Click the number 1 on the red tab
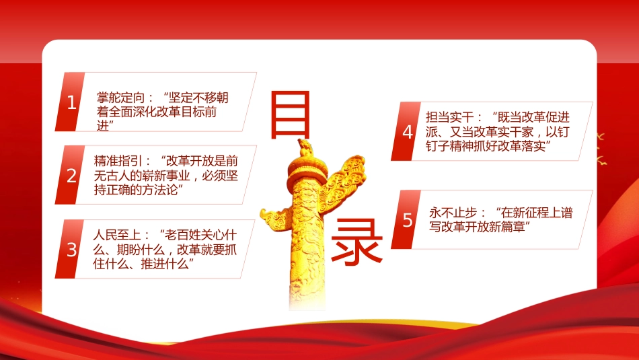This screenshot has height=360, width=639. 72,102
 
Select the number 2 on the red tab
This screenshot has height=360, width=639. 72,176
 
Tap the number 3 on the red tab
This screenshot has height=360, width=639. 72,250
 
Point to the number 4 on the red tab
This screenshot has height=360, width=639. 408,132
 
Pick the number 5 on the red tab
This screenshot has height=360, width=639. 408,220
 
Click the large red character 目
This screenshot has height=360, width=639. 290,115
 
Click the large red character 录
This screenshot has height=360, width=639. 357,242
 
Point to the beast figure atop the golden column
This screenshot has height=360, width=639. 305,147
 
